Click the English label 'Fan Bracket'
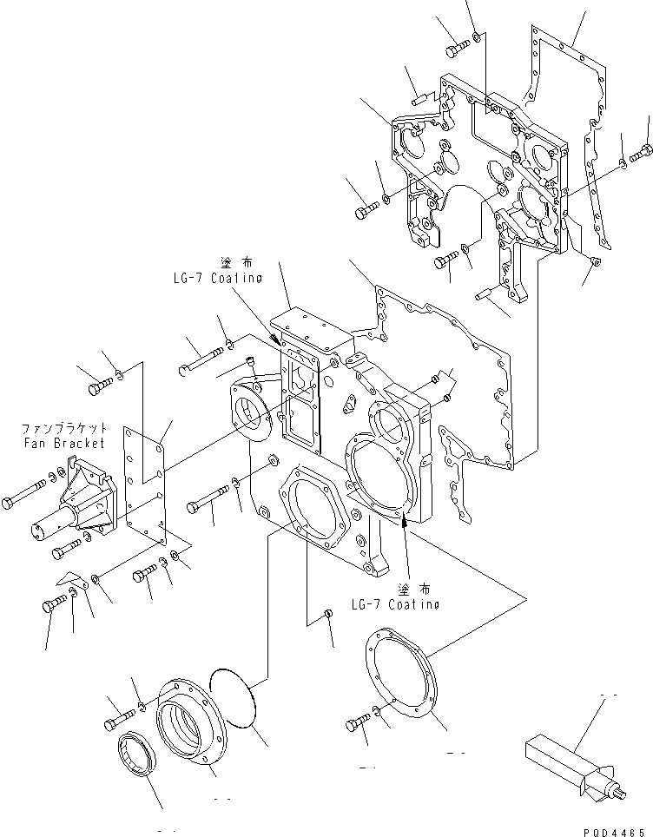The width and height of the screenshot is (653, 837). pyautogui.click(x=64, y=443)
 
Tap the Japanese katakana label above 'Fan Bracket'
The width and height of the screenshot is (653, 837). pyautogui.click(x=64, y=429)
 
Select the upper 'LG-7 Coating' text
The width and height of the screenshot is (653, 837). pyautogui.click(x=216, y=278)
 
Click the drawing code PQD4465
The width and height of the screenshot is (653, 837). pyautogui.click(x=615, y=829)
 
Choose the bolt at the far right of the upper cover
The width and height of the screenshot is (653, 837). pyautogui.click(x=641, y=155)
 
